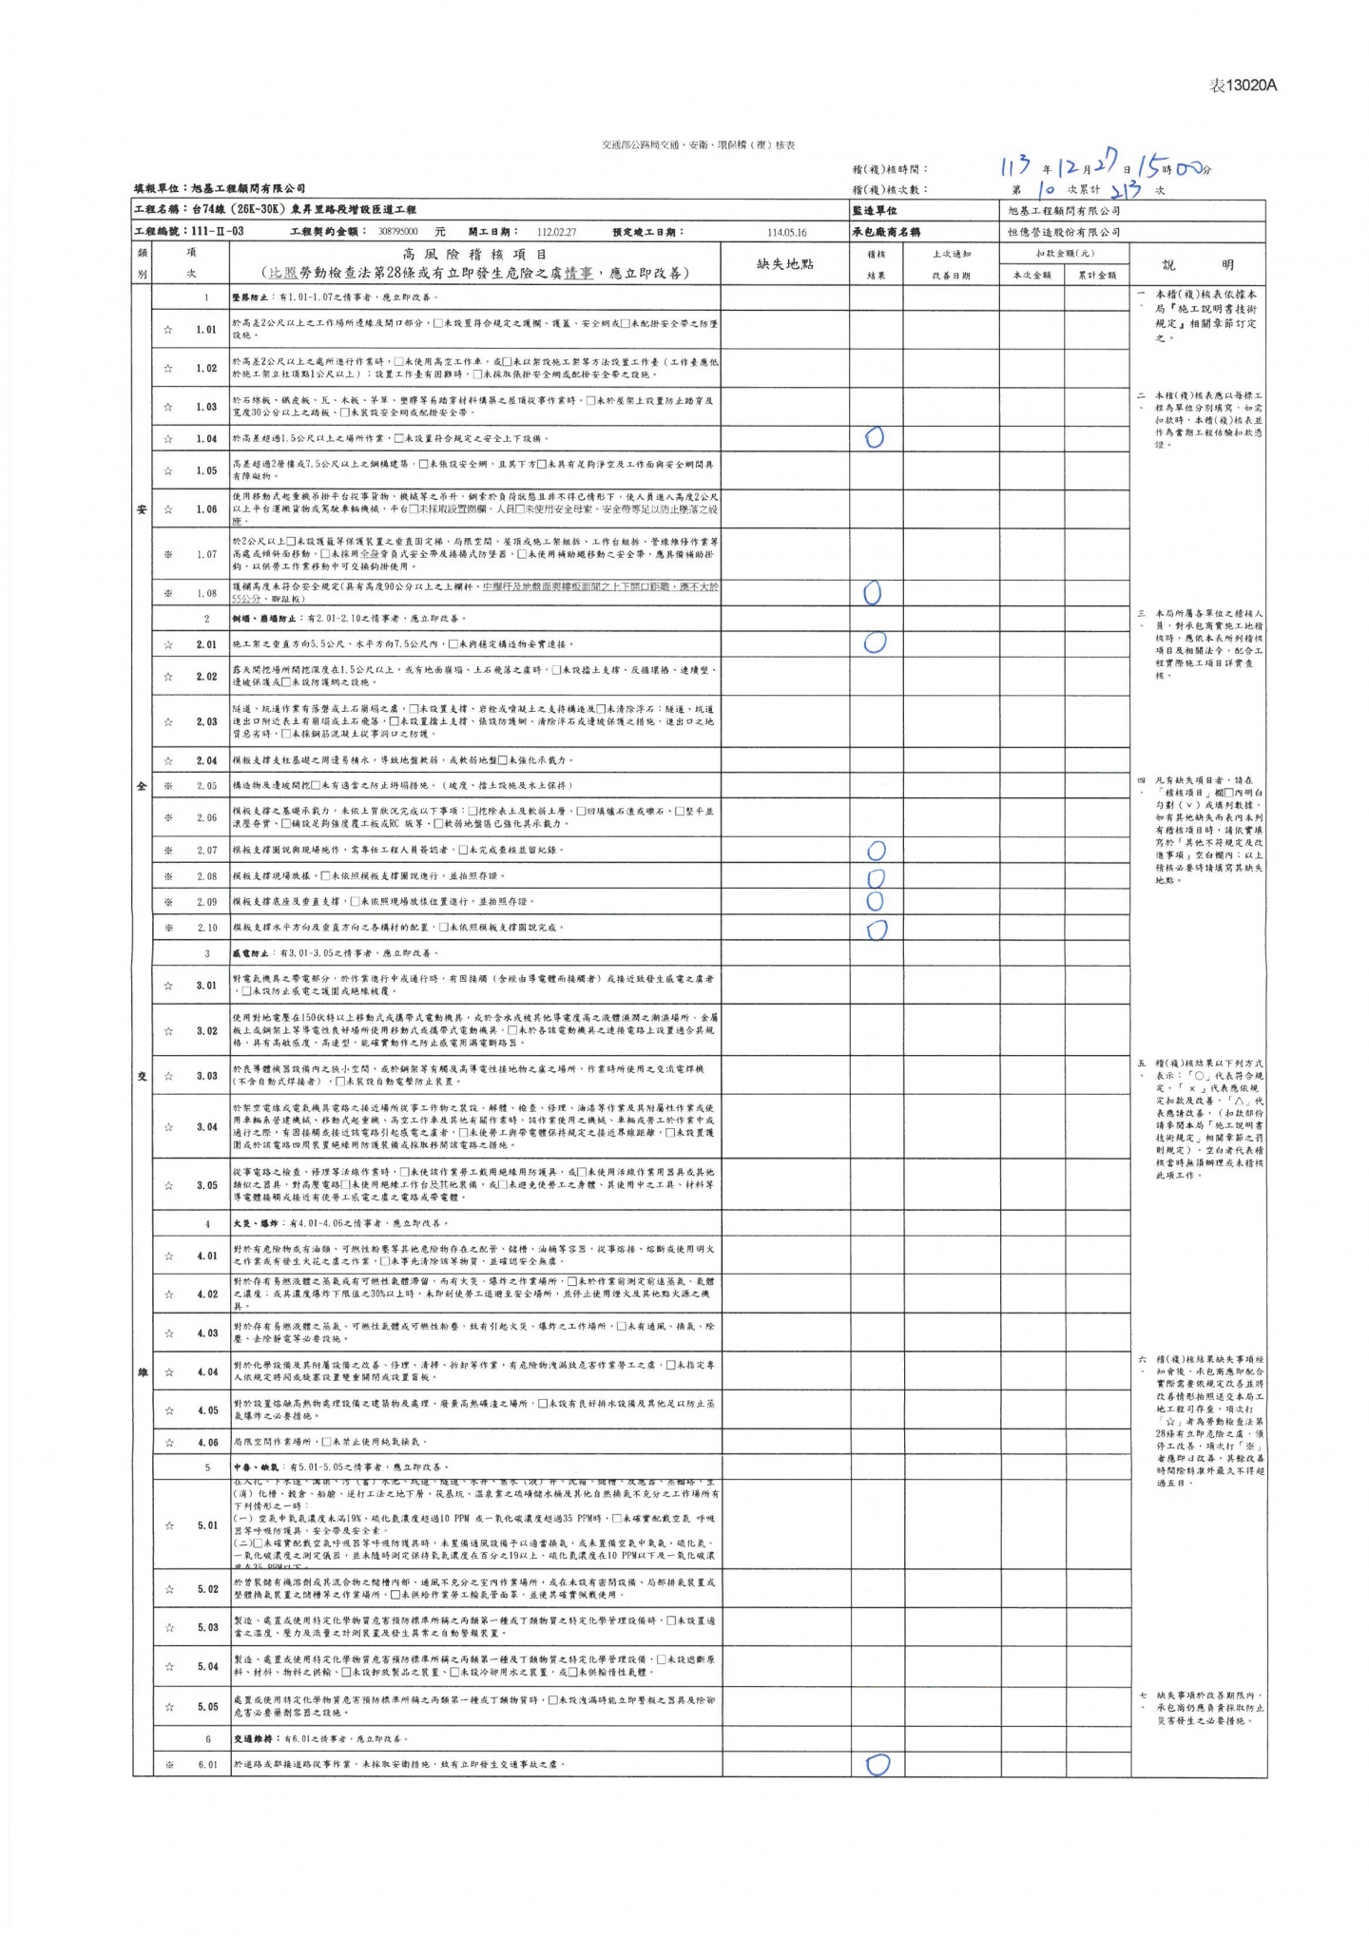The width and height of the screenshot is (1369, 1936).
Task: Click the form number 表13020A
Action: (1243, 86)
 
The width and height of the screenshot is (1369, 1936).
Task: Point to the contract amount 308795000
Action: (397, 232)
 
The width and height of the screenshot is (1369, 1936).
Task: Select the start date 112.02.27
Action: (556, 232)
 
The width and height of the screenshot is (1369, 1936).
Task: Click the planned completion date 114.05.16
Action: (786, 232)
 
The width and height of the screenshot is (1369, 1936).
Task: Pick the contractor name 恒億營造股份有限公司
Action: (1064, 232)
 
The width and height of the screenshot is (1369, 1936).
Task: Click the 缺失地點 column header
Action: (784, 264)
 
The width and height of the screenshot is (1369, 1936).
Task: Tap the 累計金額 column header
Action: (1096, 276)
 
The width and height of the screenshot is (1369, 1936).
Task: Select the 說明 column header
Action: (1197, 265)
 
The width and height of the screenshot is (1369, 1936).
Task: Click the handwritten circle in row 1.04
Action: (875, 437)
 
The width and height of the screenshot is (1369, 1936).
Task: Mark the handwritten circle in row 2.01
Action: (875, 643)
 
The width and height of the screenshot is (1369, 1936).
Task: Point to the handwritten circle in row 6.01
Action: (877, 1764)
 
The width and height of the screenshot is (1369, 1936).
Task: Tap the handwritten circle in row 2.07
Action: (877, 850)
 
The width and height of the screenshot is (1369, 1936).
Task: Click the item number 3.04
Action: (206, 1127)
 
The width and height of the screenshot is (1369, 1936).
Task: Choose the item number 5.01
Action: (207, 1525)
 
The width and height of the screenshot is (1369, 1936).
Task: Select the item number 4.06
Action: (207, 1442)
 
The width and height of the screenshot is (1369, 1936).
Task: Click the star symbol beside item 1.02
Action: (168, 369)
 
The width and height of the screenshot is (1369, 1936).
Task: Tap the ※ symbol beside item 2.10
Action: (168, 928)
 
